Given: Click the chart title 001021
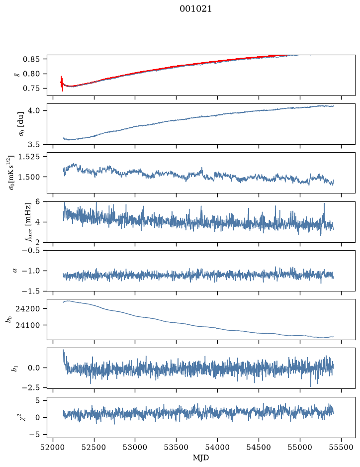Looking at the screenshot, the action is (x=195, y=9).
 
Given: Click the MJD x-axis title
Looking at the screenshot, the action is (x=201, y=458).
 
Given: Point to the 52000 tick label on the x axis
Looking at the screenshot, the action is (x=53, y=447).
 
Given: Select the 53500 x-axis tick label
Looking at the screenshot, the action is (x=177, y=447).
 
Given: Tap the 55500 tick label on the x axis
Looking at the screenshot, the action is (x=341, y=447).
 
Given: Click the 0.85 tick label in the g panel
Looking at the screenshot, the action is (x=31, y=59).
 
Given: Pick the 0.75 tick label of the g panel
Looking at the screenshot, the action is (x=31, y=89).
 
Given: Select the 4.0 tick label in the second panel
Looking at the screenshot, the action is (x=34, y=110).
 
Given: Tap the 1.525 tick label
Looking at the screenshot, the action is (x=29, y=156).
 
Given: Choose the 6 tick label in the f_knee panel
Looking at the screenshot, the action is (x=37, y=201).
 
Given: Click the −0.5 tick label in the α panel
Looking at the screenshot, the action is (x=31, y=250).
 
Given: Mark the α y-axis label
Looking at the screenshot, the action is (x=15, y=271).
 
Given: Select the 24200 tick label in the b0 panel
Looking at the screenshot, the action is (x=28, y=308).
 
